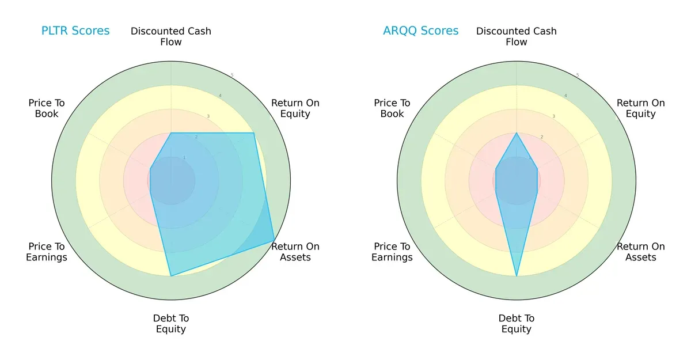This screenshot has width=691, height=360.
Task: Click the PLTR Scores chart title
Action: coord(75,31)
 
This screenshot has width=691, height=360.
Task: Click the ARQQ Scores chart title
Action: coord(421,31)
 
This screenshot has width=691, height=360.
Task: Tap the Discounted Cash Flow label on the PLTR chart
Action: coord(171,36)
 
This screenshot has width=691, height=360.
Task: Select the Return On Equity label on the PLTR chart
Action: coord(295,108)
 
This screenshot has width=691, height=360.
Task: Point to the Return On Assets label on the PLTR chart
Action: coord(295,252)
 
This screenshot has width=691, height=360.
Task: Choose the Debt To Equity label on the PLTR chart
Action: coord(171,324)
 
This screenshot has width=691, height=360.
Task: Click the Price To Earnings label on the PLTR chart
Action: coord(47,252)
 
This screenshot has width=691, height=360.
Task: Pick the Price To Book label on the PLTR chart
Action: coord(47,108)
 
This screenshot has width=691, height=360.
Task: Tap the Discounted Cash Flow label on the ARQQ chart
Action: coord(517,36)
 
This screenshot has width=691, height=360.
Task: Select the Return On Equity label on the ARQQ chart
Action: coord(641,108)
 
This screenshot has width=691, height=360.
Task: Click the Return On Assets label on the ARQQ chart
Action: coord(641,252)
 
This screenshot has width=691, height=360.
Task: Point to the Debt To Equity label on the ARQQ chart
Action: coord(517,324)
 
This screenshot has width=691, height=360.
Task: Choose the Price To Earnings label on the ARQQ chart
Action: coord(392,252)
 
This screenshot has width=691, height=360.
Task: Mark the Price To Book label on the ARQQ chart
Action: coord(392,108)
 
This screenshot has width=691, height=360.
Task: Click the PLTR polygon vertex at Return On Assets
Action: coord(274,241)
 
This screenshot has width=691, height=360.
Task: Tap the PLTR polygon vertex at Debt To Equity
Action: coord(171,276)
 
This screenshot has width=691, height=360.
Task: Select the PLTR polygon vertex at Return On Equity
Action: coord(254,133)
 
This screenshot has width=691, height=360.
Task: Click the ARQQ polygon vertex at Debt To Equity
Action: coord(517,276)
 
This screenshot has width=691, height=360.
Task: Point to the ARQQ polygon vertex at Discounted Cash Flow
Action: coord(517,133)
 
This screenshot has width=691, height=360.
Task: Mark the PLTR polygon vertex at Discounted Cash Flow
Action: coord(171,133)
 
